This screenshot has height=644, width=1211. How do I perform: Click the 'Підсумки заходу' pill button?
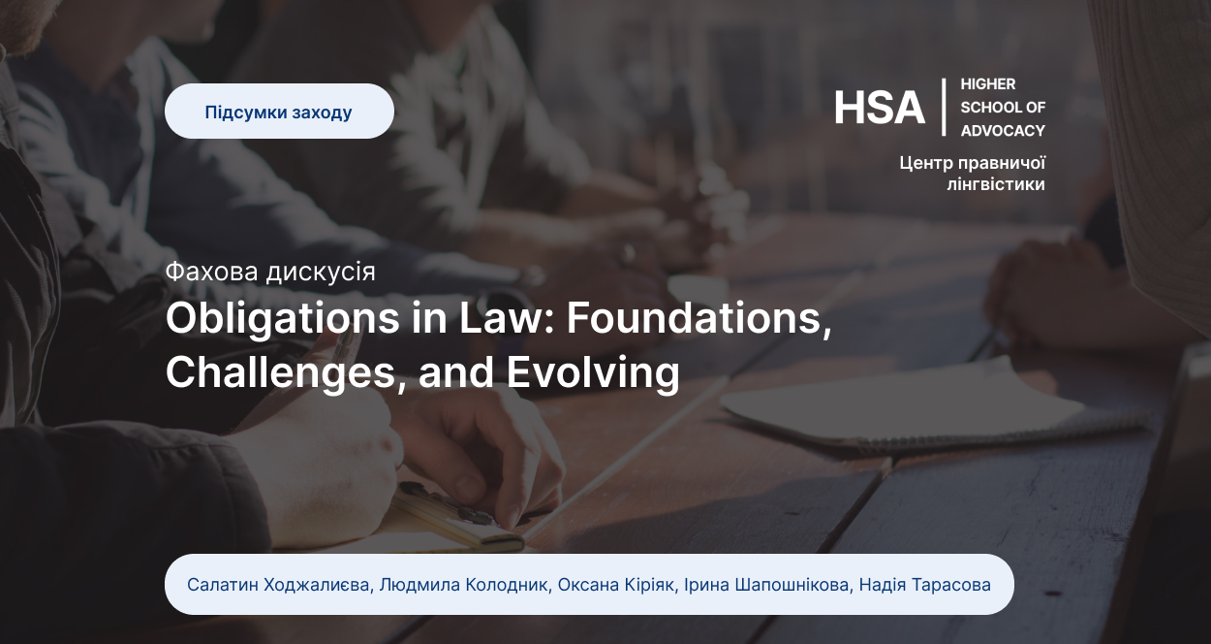point(279,111)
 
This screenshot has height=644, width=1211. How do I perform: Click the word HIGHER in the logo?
point(988,84)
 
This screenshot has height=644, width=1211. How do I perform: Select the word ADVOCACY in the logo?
point(1003,131)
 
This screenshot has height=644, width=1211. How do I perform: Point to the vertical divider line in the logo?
point(944,107)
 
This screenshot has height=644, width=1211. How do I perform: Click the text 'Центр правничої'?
point(972,163)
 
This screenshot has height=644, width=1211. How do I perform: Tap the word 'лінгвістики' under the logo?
point(996,184)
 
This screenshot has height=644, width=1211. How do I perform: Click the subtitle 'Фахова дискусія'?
point(270,272)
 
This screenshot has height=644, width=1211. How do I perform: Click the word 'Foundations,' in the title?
point(699,319)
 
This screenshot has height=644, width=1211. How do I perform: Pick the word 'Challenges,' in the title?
point(286,372)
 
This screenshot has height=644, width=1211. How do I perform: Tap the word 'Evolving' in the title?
point(593,373)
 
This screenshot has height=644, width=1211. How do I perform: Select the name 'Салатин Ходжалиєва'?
point(278,585)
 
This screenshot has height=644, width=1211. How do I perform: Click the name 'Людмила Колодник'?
point(463,585)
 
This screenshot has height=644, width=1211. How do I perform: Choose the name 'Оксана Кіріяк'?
point(616,585)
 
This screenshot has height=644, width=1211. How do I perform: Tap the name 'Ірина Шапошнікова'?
point(766,585)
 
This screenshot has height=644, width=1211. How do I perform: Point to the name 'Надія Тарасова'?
point(925,585)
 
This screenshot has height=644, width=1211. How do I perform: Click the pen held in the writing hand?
point(346,352)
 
